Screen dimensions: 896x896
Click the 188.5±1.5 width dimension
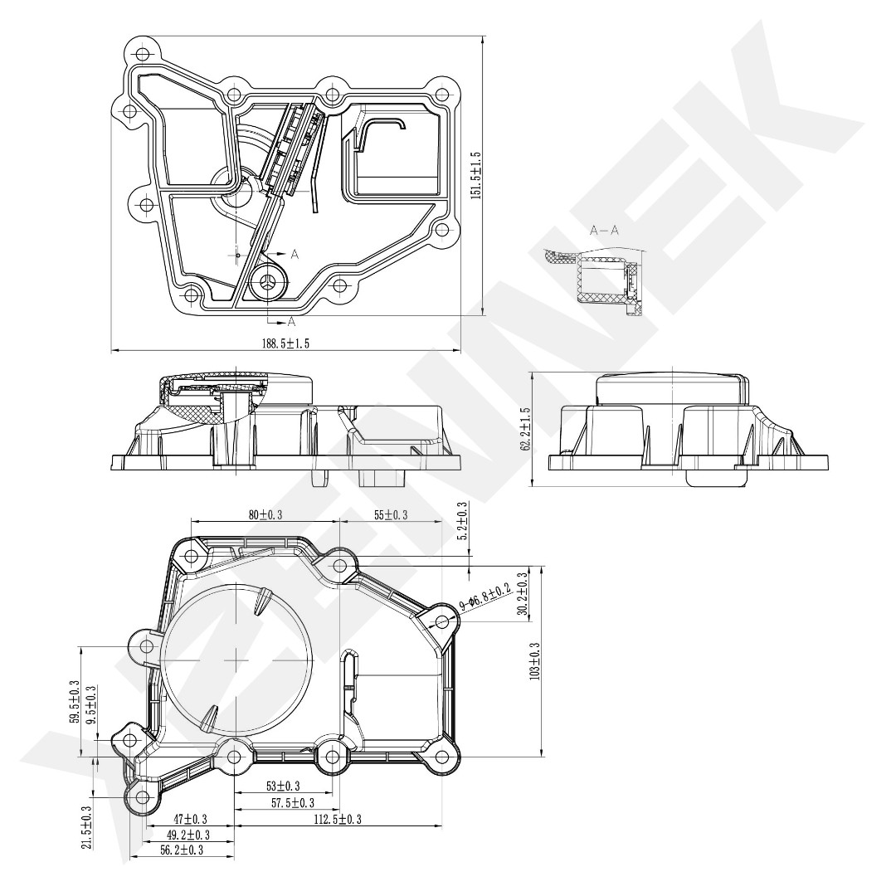285,343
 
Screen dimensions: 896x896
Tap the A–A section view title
604,231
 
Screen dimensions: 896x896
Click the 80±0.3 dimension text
265,515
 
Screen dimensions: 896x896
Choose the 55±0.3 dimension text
391,515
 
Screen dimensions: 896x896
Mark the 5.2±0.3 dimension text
463,521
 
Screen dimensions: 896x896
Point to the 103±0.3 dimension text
535,661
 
